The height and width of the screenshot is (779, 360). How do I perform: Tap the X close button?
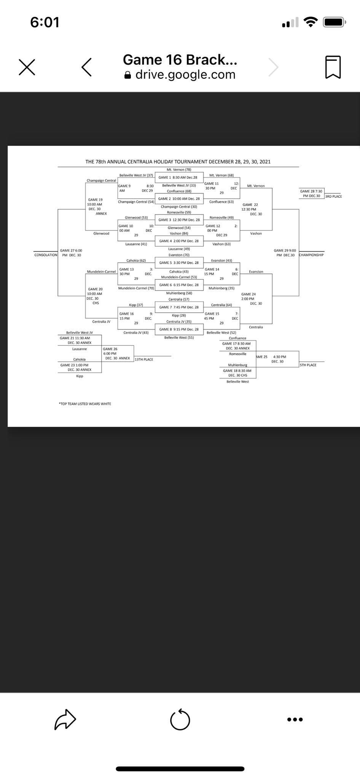tap(27, 67)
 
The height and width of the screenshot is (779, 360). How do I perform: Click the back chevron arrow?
tap(87, 67)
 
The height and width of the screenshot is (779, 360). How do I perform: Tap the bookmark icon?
tap(333, 67)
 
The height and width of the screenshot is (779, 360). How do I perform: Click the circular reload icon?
tap(180, 720)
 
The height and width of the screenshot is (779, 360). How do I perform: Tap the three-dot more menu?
tap(295, 719)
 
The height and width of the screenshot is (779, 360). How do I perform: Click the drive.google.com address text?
tap(185, 75)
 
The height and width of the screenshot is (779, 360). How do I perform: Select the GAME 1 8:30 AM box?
tap(178, 177)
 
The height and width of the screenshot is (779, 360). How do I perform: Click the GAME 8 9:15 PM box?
tap(179, 329)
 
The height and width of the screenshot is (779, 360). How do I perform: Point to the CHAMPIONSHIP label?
tap(311, 255)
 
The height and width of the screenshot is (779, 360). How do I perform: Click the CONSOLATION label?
tap(46, 255)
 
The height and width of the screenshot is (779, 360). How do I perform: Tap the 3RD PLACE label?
tap(333, 196)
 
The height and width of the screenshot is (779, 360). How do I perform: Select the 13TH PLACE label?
tap(144, 359)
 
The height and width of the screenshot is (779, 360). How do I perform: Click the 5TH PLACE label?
tap(308, 365)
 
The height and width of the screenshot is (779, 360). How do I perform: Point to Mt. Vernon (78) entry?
tap(179, 170)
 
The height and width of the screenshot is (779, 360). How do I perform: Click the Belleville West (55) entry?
tap(179, 337)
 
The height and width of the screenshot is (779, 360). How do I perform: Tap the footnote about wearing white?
tap(85, 404)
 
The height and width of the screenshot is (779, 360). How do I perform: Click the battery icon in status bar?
tap(334, 22)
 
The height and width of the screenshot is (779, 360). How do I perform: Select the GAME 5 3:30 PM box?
tap(179, 262)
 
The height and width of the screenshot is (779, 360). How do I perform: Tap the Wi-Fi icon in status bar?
tap(311, 22)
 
